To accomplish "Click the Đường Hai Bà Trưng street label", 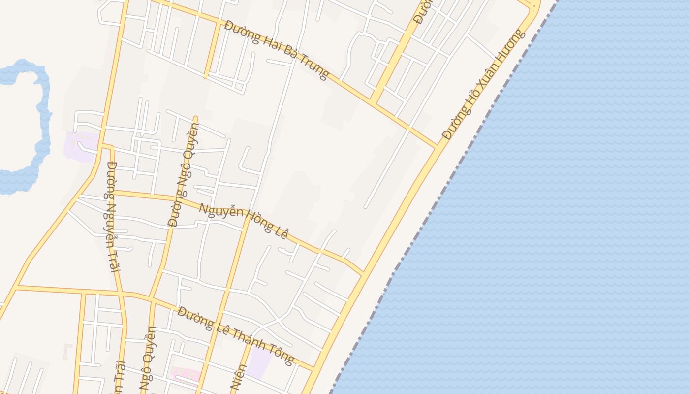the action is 276,50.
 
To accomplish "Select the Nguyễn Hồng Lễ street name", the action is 243,220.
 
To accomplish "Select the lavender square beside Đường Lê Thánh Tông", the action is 259,364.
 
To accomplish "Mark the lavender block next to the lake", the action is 80,146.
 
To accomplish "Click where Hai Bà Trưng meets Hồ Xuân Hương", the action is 437,147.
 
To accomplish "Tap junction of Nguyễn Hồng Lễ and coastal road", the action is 363,273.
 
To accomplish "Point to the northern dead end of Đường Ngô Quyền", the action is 195,118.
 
